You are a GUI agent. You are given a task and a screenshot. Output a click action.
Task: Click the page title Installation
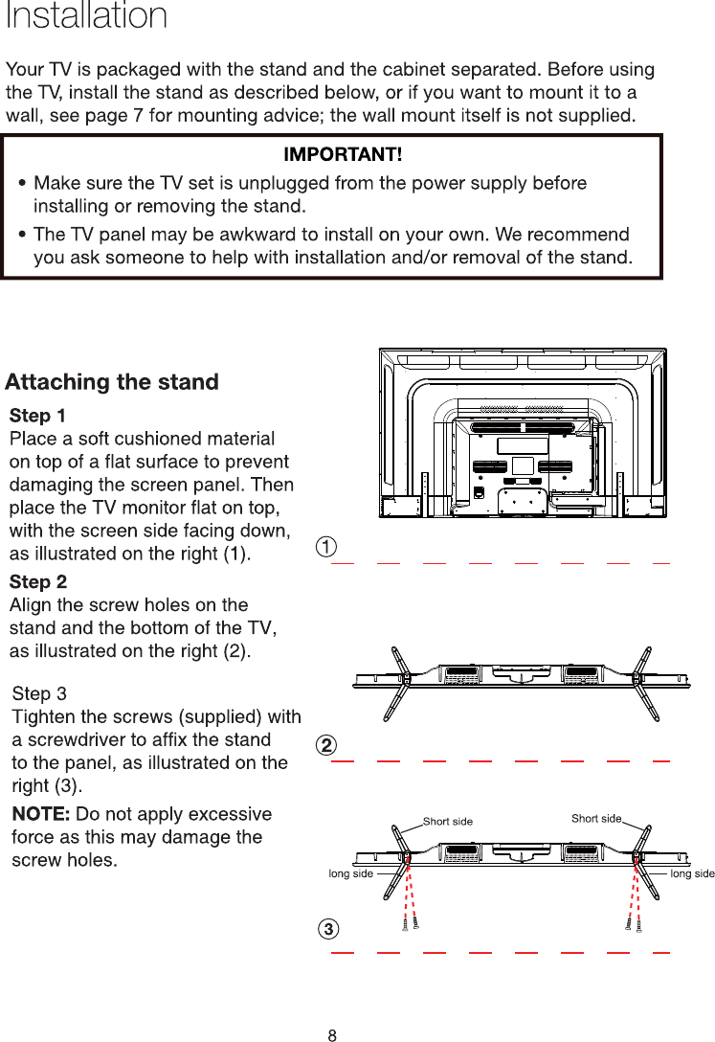point(86,16)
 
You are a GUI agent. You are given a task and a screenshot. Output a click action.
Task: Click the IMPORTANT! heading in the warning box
point(343,154)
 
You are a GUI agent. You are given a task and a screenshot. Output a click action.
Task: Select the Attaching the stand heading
point(112,382)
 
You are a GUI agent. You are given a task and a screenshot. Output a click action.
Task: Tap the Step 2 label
point(37,581)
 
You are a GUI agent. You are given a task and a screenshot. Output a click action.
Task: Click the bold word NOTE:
point(40,814)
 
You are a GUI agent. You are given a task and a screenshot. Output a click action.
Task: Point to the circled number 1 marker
point(327,547)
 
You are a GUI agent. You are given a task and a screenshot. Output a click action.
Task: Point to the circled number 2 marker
point(327,744)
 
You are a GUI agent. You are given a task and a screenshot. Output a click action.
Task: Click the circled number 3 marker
point(327,929)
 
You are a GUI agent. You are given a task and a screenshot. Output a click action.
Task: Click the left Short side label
point(448,822)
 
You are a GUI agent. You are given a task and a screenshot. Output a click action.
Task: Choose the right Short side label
point(596,818)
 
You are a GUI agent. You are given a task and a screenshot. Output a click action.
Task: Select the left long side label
point(350,873)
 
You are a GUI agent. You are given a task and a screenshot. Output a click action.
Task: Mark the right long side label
point(692,873)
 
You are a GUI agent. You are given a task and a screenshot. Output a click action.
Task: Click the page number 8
point(332,1034)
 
